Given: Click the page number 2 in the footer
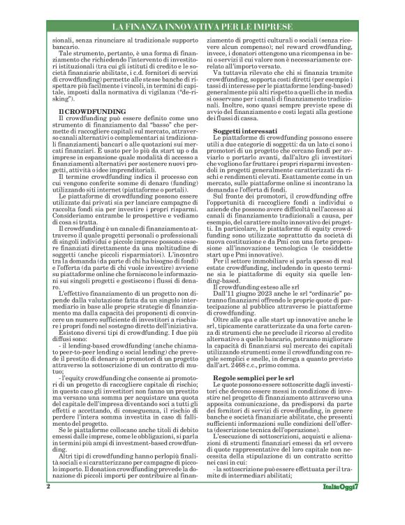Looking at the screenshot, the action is pyautogui.click(x=47, y=505).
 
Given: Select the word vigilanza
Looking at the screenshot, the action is pyautogui.click(x=146, y=91).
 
